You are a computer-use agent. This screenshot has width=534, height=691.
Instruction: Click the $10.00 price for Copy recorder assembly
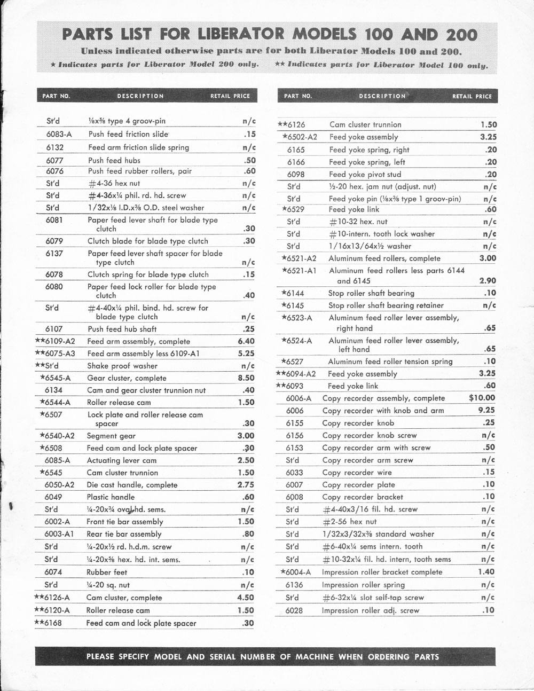(x=482, y=398)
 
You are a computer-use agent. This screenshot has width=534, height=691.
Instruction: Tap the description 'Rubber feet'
(x=107, y=572)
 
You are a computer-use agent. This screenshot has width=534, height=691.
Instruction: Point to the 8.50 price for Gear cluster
(x=246, y=378)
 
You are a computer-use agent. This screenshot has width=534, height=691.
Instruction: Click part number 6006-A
(x=299, y=398)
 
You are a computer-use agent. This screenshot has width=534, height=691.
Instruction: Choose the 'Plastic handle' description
(x=111, y=497)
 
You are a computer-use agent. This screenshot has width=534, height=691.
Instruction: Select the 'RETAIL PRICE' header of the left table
(x=230, y=96)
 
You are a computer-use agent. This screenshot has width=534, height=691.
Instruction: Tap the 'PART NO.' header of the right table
(x=298, y=96)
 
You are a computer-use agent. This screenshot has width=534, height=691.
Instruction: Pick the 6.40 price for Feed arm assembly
(x=246, y=341)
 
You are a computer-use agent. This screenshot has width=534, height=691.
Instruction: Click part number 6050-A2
(x=59, y=485)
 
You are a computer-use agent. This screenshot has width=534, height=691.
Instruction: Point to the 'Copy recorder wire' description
(x=357, y=473)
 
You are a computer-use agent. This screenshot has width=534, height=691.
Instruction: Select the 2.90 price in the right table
(x=488, y=280)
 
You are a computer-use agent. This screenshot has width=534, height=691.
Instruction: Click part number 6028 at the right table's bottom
(x=294, y=610)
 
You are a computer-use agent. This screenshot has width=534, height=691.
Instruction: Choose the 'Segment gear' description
(x=111, y=436)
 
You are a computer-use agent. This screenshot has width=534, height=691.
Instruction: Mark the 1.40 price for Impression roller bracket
(x=487, y=571)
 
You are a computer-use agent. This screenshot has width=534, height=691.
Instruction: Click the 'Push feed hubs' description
(x=114, y=160)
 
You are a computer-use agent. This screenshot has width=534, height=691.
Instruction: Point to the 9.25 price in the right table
(x=486, y=410)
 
